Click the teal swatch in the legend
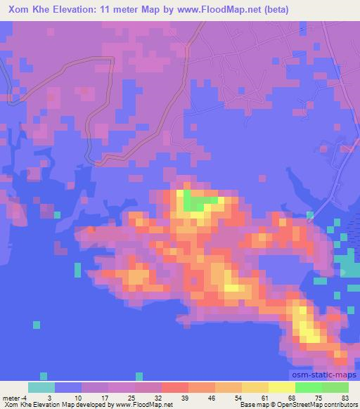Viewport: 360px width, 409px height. click(x=41, y=387)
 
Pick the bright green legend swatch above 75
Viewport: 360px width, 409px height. click(x=308, y=387)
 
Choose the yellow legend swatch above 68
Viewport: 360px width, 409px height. click(x=281, y=387)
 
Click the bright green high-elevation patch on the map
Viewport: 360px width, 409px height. click(x=198, y=204)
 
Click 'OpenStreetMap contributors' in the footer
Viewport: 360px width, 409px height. click(x=320, y=405)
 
